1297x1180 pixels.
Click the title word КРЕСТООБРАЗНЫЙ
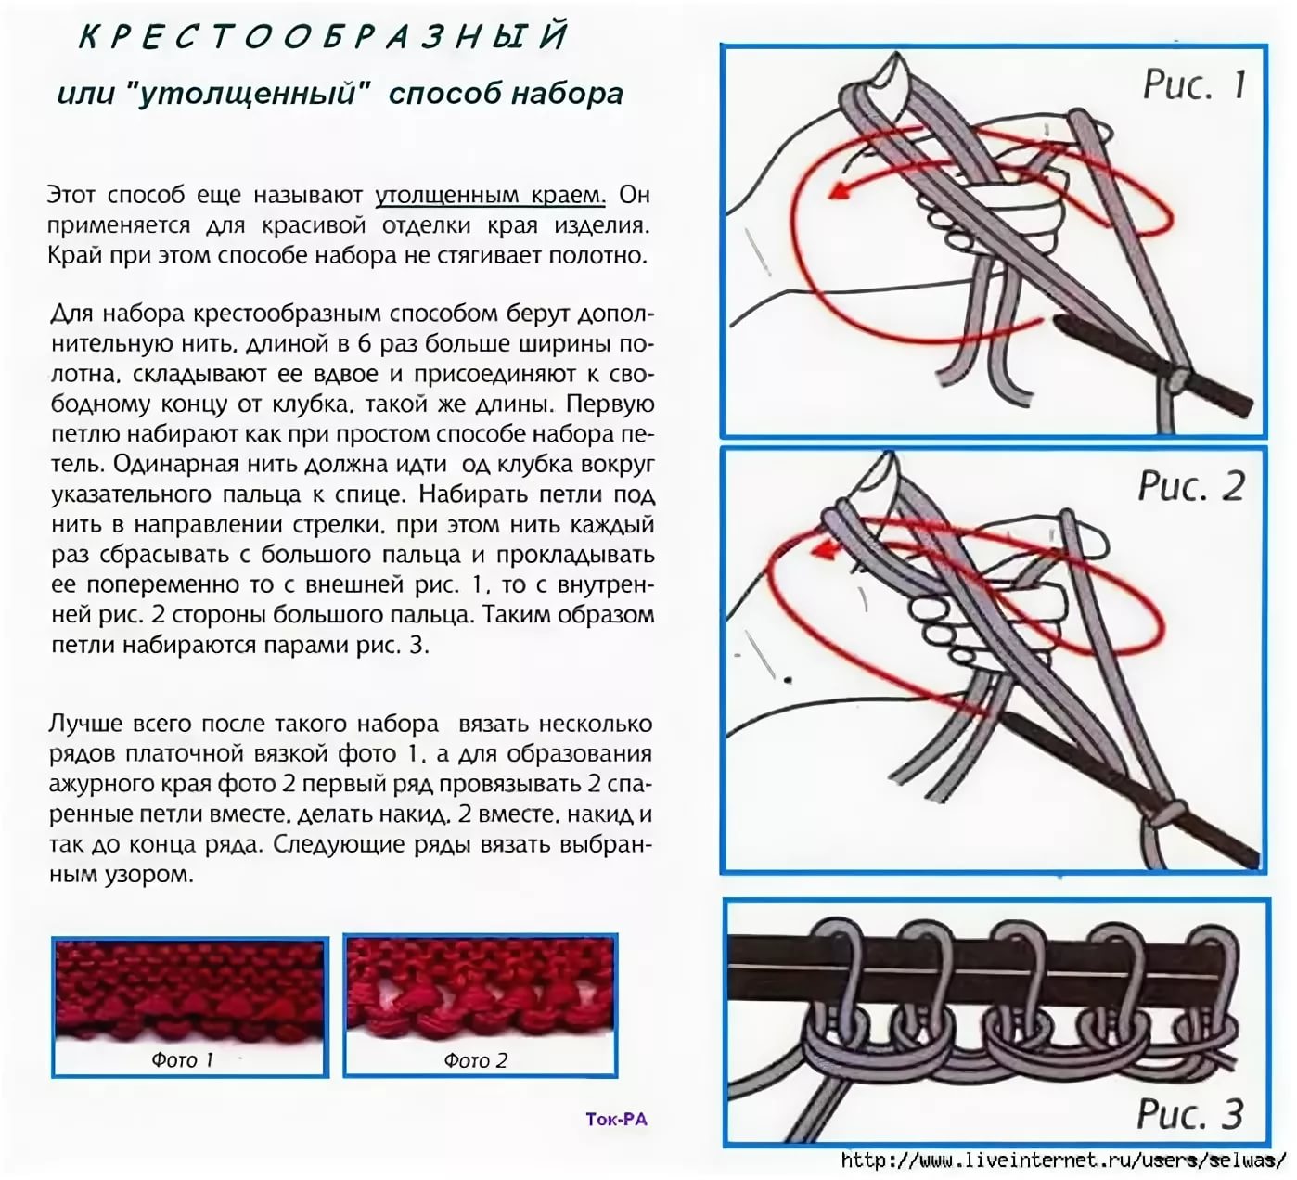tap(323, 36)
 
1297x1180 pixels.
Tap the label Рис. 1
tap(1193, 84)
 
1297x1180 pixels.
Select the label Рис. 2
tap(1191, 486)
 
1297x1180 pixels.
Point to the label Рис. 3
tap(1189, 1113)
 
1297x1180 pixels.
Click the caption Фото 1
tap(182, 1059)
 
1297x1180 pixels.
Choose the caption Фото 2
tap(475, 1060)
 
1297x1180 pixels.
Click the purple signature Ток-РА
tap(616, 1119)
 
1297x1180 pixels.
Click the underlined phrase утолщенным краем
tap(490, 195)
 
